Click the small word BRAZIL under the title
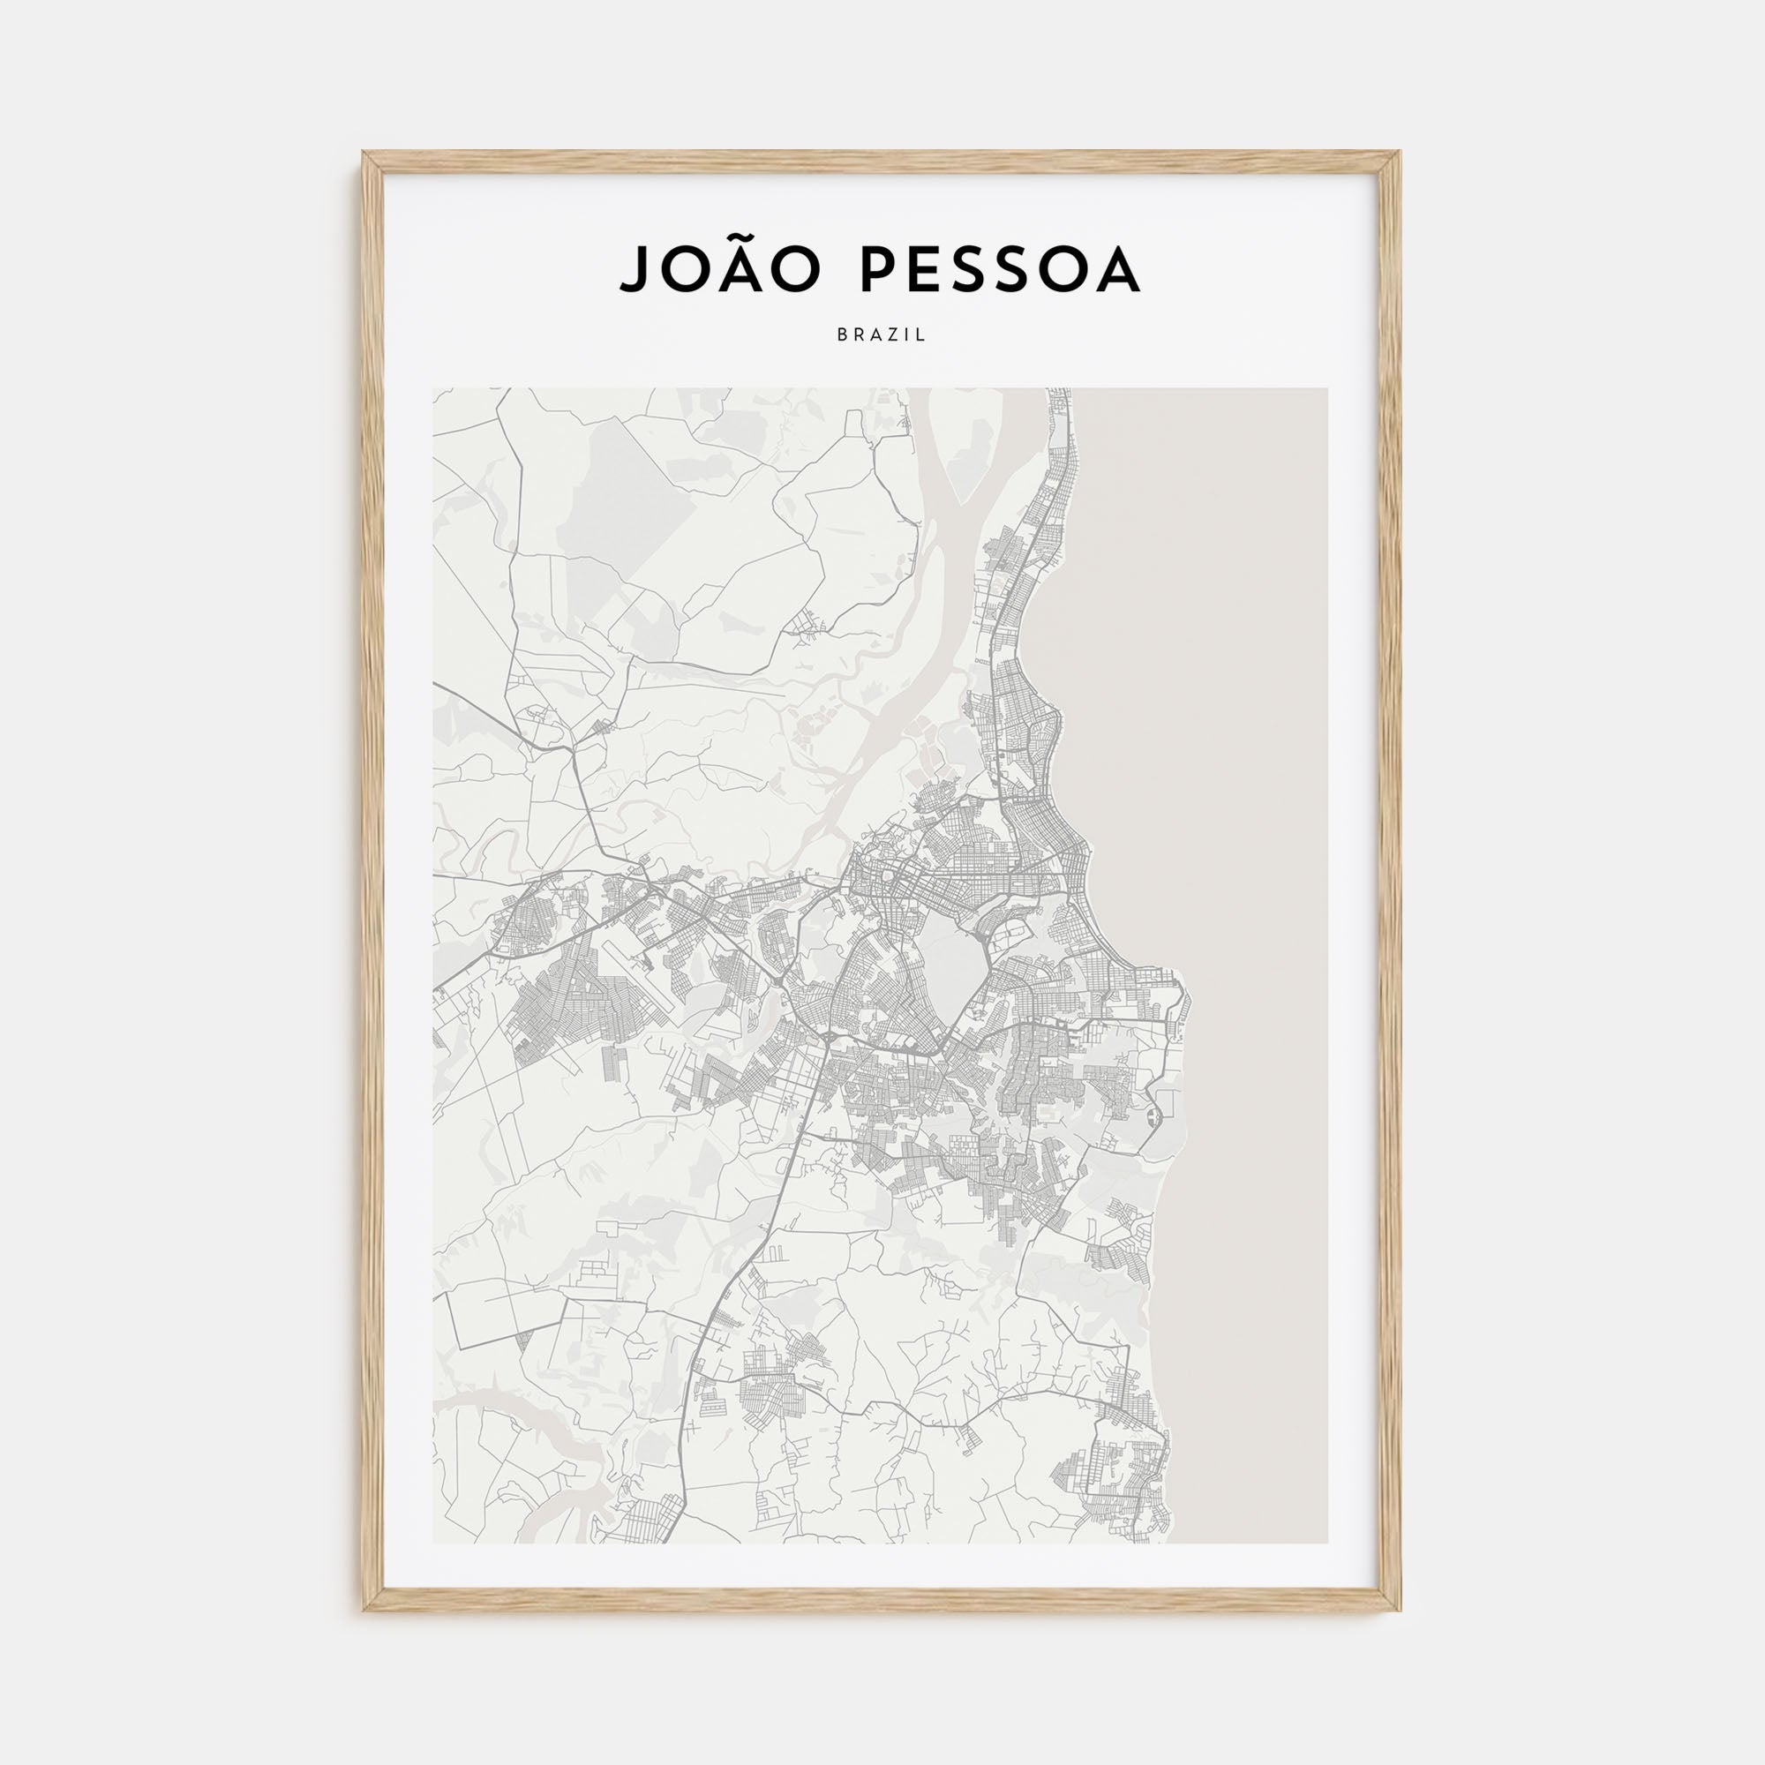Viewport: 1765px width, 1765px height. (882, 335)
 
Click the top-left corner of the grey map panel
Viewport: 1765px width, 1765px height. (434, 389)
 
